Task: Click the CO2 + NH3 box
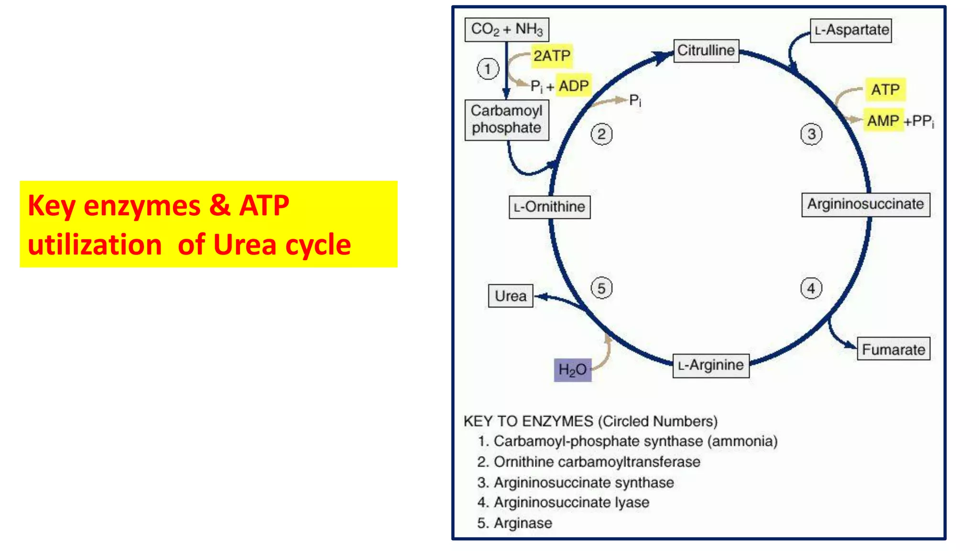tap(507, 30)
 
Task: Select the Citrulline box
tap(706, 51)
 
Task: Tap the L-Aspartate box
tap(851, 30)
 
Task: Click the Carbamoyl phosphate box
tap(507, 120)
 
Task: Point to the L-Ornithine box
tap(550, 207)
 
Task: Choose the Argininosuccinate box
tap(866, 205)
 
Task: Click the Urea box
tap(511, 296)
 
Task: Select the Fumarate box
tap(893, 350)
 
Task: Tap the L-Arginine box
tap(711, 366)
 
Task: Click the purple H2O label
tap(573, 370)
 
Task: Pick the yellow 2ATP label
tap(552, 56)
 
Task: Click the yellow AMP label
tap(883, 121)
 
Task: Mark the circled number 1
tap(488, 69)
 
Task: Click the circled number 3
tap(811, 134)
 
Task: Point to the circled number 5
tap(601, 288)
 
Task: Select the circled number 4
tap(811, 288)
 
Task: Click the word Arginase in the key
tap(523, 523)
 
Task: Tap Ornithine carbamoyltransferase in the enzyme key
tap(597, 462)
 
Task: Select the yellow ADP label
tap(574, 86)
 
